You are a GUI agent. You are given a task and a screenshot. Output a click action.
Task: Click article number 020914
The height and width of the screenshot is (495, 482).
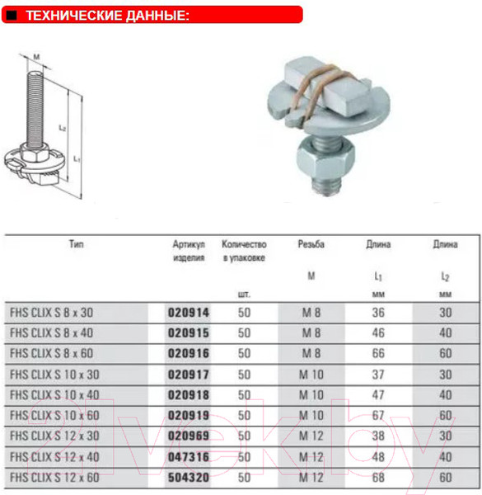coord(189,313)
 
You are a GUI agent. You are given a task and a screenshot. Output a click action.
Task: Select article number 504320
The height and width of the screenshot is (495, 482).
coord(189,477)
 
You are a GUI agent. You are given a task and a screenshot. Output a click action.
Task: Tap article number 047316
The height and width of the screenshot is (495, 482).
coord(189,456)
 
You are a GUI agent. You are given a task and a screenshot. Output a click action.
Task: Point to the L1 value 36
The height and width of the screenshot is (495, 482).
coord(378,313)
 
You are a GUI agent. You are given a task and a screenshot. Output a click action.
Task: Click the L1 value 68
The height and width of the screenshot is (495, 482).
coord(378,477)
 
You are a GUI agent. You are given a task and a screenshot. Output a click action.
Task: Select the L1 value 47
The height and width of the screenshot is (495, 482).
coord(378,395)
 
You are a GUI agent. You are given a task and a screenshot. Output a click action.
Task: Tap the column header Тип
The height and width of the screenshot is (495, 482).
coord(77,245)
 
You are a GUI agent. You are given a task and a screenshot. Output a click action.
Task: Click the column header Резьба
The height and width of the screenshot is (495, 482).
coord(311,245)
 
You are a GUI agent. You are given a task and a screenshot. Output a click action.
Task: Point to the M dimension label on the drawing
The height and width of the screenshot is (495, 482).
coord(38,57)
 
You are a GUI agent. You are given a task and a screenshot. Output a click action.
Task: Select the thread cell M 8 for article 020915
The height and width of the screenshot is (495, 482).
coord(311,334)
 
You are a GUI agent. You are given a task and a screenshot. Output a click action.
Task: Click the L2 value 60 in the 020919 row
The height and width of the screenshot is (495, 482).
coord(446,416)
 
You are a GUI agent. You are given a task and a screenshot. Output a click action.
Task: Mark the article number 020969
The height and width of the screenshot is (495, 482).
coord(189,436)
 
